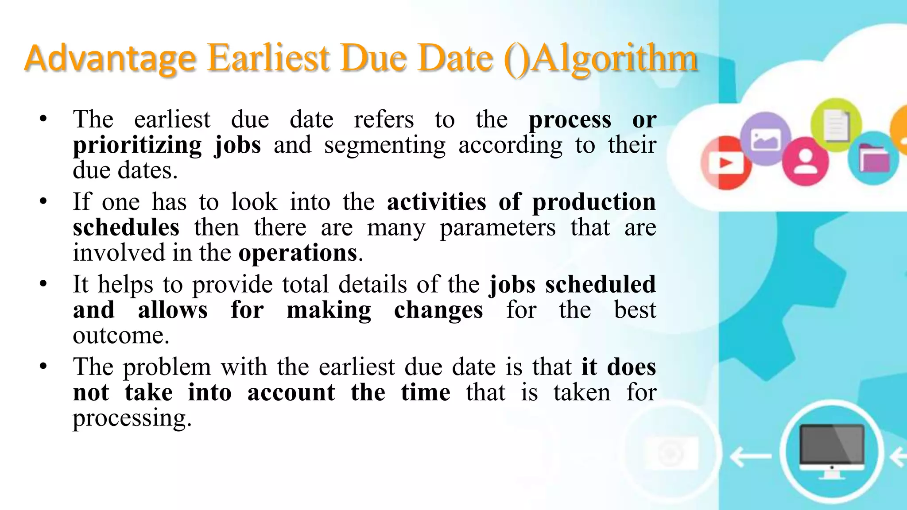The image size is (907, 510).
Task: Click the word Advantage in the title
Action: point(110,58)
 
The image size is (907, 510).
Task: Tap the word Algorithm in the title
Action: point(615,58)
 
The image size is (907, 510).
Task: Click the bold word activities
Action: point(436,202)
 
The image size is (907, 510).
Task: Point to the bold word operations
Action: point(298,253)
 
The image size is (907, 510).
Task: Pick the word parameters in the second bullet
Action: point(497,228)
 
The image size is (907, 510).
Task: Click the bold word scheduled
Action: point(600,285)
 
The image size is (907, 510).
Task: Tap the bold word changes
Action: point(438,310)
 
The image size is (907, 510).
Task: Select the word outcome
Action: point(121,336)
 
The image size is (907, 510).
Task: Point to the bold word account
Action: point(291,393)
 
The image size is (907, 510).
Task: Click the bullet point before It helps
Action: point(43,284)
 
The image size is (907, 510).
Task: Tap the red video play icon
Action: point(726,163)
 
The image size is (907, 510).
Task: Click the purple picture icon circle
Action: point(765,139)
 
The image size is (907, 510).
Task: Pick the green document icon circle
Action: point(836,124)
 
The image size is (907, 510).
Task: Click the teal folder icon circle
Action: point(873,158)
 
